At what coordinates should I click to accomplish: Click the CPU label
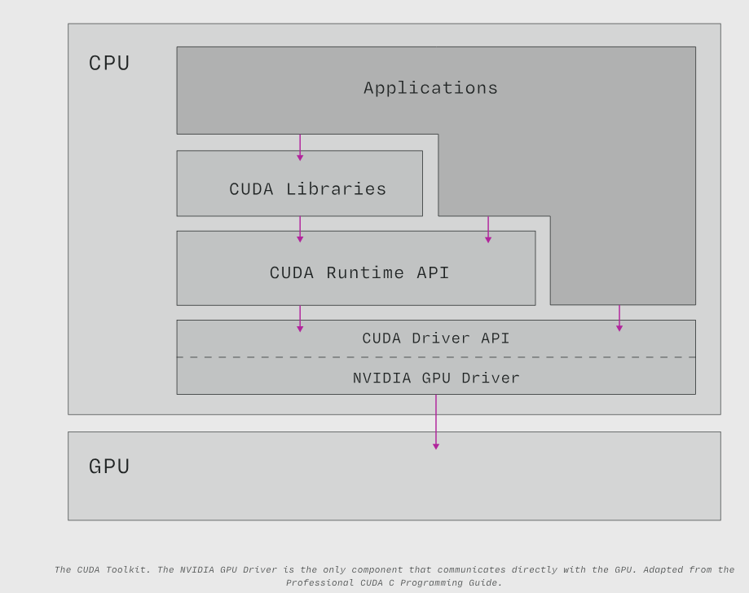109,64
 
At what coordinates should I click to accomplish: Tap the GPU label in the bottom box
109,467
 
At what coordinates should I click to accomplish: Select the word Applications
430,88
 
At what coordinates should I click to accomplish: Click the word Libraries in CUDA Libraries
336,189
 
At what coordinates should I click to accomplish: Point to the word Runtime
365,273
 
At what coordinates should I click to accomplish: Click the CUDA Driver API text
436,339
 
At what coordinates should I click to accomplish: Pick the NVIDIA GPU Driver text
436,378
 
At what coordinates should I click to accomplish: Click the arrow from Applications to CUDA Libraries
300,148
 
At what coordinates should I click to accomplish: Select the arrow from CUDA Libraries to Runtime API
300,229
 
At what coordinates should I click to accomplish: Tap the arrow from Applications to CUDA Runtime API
488,229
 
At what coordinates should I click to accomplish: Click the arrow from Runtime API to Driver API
300,318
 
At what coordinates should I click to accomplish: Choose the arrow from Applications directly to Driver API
619,318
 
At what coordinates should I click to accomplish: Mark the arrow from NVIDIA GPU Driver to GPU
436,422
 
